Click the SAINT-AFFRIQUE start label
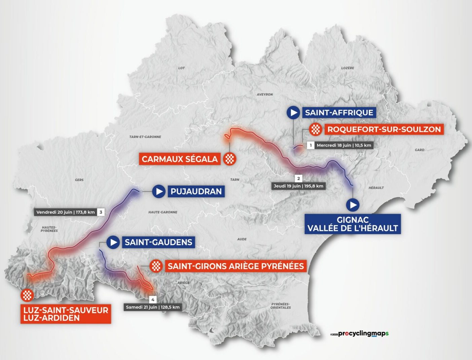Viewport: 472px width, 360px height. point(339,113)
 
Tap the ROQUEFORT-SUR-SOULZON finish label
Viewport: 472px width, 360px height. point(384,129)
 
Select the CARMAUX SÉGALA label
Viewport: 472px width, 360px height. point(180,159)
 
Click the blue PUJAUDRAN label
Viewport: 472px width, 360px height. point(196,192)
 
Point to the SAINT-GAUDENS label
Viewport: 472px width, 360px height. point(158,242)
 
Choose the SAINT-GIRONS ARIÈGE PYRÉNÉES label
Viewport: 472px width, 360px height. point(235,266)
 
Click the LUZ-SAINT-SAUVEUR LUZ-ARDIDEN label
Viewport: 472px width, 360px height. point(66,314)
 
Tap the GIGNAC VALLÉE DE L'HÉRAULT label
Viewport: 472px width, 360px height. point(353,224)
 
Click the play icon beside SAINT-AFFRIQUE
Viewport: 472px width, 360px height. point(293,113)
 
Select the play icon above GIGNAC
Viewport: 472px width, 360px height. point(353,204)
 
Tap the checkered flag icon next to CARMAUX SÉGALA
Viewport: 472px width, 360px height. point(229,159)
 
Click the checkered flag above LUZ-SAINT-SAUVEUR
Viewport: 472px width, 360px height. point(27,295)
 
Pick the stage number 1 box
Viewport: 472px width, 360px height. point(311,145)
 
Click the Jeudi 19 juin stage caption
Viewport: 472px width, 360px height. point(298,186)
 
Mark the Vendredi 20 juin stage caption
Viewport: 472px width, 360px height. point(66,212)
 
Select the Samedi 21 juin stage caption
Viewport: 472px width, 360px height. point(153,307)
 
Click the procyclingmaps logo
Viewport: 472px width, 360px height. point(360,333)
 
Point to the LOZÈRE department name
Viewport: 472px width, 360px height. point(348,68)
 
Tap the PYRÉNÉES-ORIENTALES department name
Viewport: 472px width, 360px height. point(281,306)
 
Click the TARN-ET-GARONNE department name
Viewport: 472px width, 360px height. point(145,137)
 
